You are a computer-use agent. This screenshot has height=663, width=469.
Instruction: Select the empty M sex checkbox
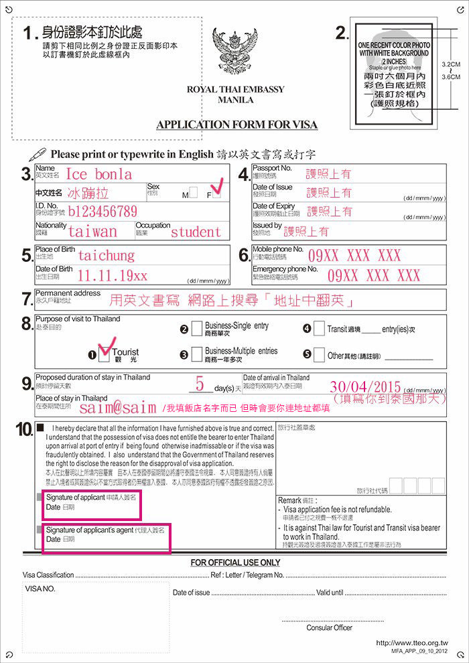point(194,194)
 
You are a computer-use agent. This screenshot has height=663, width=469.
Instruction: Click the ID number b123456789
point(103,212)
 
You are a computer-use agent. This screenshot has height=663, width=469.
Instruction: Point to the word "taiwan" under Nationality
point(92,232)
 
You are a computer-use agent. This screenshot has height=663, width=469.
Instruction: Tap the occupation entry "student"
point(196,232)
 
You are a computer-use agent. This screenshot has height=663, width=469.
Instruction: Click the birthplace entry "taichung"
point(106,255)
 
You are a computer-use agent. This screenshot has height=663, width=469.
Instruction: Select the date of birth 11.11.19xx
point(112,275)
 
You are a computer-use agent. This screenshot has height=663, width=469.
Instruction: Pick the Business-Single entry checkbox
point(196,328)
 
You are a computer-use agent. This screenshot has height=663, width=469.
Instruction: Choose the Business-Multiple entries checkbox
point(196,354)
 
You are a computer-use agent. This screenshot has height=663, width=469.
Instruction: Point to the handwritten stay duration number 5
point(200,384)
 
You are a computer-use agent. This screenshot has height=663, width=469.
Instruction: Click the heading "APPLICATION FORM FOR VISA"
point(237,125)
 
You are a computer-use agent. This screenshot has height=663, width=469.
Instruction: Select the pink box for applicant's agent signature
point(106,538)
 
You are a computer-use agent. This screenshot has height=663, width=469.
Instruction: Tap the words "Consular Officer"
point(329,628)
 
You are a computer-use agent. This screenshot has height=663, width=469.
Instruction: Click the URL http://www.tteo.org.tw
point(411,642)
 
